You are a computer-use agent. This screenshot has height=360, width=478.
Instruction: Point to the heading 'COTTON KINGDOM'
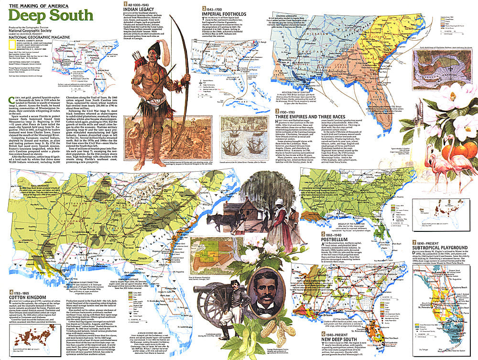[x=30, y=298]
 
